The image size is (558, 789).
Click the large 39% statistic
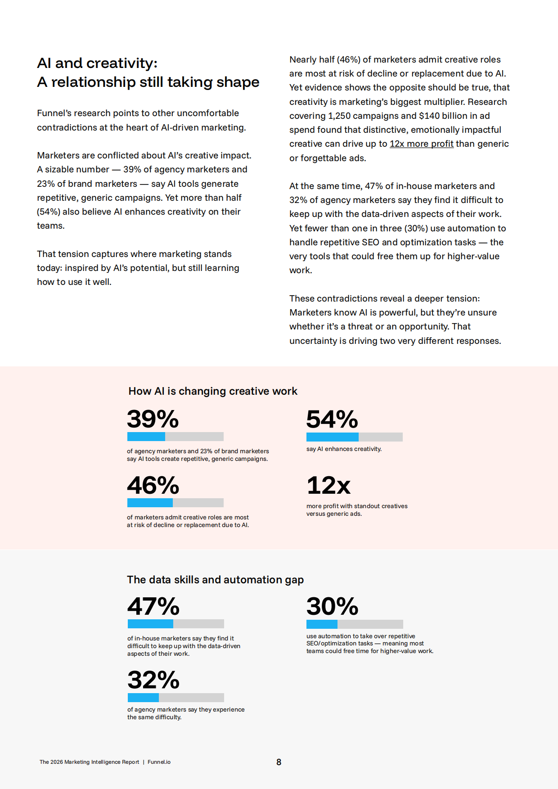point(153,419)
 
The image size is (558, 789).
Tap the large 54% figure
point(332,419)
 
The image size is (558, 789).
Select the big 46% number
point(153,485)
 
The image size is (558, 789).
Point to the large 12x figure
point(328,485)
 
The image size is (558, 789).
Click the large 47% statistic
point(153,606)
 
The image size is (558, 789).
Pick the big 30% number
point(332,606)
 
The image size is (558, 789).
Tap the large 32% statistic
point(153,680)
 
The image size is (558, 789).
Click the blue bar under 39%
point(146,437)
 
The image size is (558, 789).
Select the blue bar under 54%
point(333,437)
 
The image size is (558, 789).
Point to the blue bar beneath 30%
point(322,624)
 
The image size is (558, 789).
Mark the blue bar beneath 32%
point(143,698)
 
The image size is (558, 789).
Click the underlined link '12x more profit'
point(421,144)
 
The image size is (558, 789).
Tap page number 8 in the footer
point(279,762)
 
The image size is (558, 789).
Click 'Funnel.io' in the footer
point(159,762)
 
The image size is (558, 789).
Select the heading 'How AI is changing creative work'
point(213,391)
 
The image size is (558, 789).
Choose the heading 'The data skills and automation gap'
point(215,580)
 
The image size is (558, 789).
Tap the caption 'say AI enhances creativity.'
point(344,449)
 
